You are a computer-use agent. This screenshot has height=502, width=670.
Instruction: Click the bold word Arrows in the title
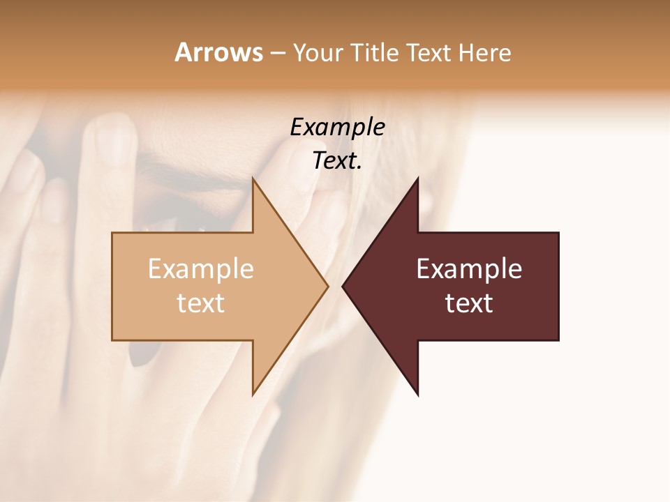218,52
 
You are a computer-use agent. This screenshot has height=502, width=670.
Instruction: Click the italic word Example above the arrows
337,128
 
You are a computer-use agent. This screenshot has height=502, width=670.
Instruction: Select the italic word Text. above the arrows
337,161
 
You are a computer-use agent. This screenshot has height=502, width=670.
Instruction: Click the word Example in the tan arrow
200,269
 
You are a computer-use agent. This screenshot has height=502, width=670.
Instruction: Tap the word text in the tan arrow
200,303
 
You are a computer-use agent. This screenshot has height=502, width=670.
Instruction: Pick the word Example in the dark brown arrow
469,269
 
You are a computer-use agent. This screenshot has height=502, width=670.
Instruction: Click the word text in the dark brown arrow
469,303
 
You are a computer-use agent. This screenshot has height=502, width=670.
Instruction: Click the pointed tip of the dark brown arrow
343,286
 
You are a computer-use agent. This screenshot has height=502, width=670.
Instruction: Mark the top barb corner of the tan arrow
253,179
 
